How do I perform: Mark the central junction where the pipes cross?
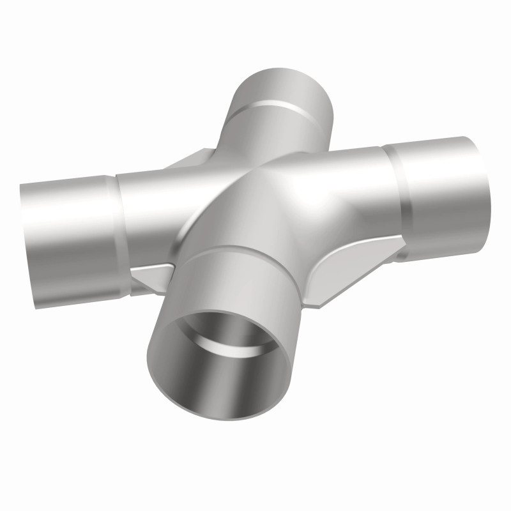(x=256, y=192)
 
